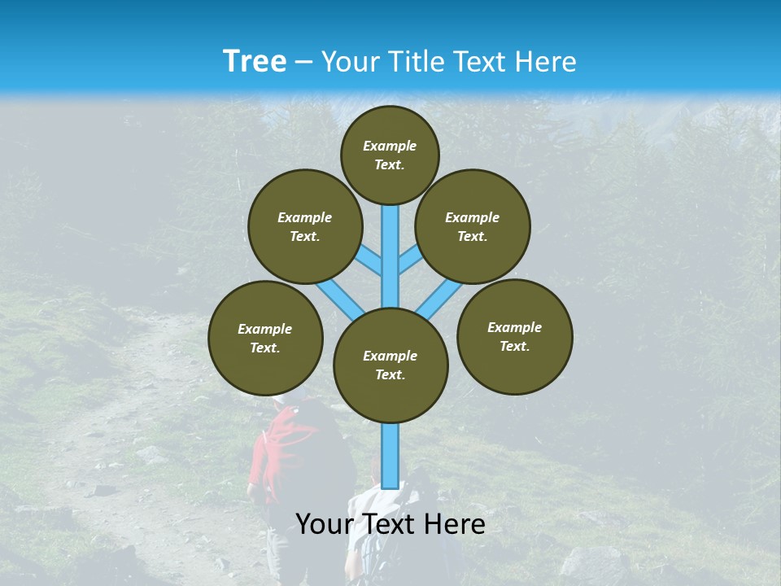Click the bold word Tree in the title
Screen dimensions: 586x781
[x=254, y=62]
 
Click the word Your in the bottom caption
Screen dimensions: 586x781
[x=323, y=524]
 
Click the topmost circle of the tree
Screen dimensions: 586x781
[x=390, y=155]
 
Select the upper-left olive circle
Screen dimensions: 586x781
[x=304, y=226]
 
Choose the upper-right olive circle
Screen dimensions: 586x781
[x=473, y=226]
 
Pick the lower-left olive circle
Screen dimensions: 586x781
[x=265, y=338]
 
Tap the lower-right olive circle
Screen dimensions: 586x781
[x=514, y=336]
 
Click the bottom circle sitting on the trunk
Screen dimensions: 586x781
[x=390, y=365]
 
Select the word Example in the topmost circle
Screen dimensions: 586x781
[x=390, y=146]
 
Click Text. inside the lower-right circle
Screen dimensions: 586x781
[x=514, y=346]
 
